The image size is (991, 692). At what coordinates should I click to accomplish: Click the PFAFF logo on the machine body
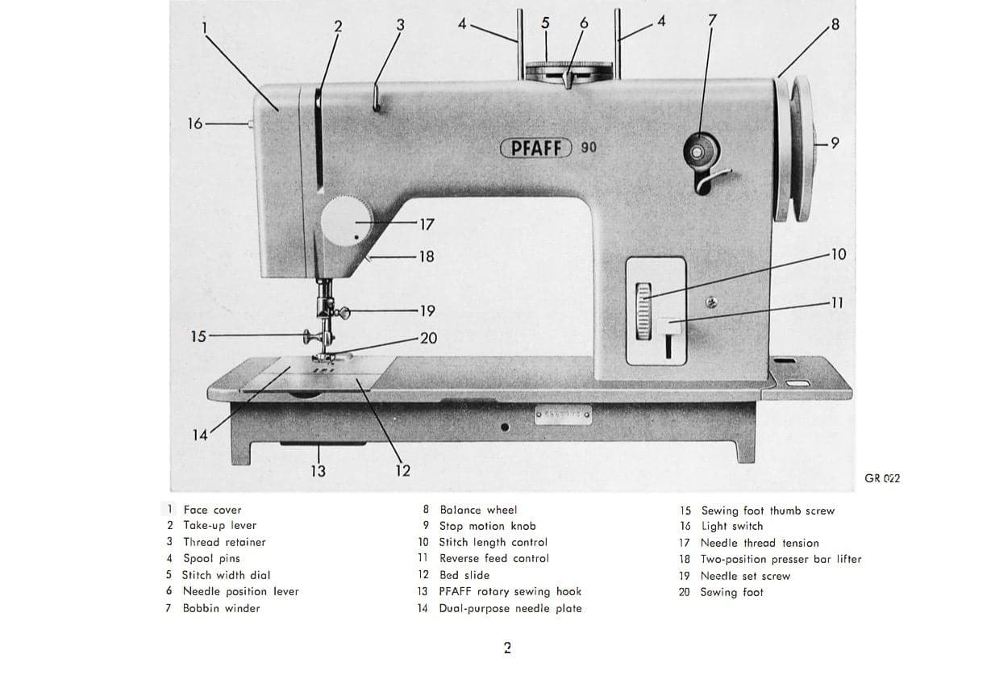coord(537,148)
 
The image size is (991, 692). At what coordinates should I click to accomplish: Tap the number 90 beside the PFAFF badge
coord(588,148)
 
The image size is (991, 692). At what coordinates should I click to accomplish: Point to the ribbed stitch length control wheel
coord(643,309)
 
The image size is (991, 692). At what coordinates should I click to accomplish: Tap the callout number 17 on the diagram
coord(427,224)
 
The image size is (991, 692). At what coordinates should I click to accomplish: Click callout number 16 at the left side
coord(194,123)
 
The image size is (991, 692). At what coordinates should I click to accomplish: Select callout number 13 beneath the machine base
coord(318,471)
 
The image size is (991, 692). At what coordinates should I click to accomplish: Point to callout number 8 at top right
coord(835,24)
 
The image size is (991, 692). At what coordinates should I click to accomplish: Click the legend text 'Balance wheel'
coord(478,510)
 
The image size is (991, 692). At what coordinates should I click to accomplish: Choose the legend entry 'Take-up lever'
coord(219,525)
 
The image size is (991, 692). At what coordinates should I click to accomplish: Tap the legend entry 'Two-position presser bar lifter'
coord(780,559)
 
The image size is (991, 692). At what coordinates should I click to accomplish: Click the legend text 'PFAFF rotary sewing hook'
coord(510,591)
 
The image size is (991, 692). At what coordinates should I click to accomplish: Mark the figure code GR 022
coord(882,478)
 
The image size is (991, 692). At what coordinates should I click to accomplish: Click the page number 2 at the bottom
coord(507,648)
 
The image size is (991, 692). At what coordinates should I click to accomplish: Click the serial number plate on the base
coord(564,416)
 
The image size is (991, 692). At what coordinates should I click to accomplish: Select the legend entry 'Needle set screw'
coord(744,576)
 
